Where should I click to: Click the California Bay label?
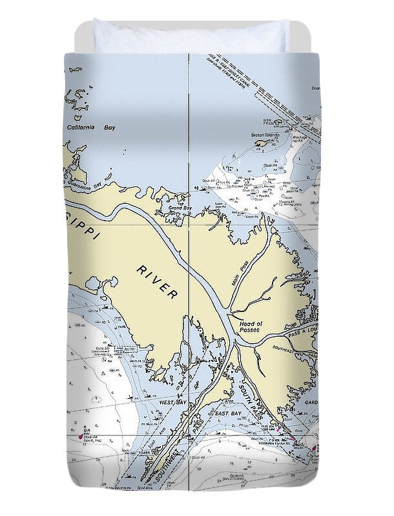[x=90, y=128]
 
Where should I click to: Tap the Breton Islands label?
[x=264, y=135]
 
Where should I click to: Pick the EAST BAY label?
[x=228, y=413]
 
